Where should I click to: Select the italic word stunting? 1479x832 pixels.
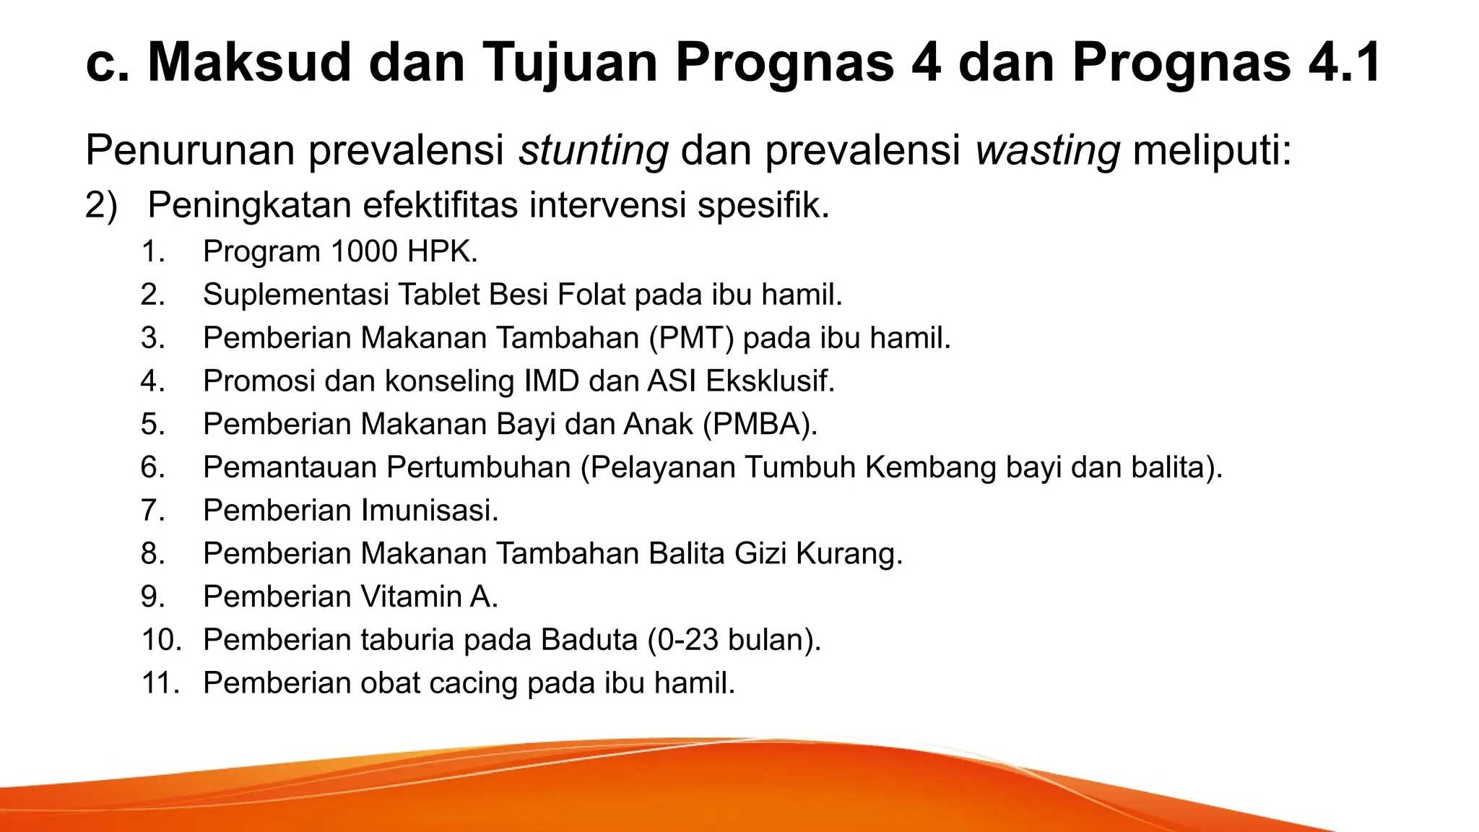594,150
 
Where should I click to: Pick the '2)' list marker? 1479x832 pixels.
101,206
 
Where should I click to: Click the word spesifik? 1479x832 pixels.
763,206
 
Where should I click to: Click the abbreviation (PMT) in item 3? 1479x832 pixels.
692,338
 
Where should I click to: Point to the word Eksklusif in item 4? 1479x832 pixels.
770,381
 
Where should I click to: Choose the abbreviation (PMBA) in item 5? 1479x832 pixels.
760,424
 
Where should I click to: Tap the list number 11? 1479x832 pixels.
160,683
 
